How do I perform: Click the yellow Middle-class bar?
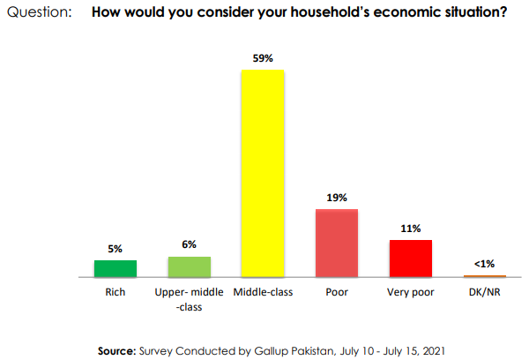coord(263,173)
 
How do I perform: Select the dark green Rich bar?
coord(115,268)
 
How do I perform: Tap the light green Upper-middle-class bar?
coord(190,266)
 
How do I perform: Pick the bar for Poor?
coord(337,243)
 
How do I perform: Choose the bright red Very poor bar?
coord(410,259)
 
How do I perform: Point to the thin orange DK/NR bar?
coord(484,276)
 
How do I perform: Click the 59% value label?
coord(263,58)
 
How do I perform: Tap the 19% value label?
coord(337,198)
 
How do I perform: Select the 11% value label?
coord(410,228)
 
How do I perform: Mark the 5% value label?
coord(115,249)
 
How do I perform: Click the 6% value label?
coord(190,244)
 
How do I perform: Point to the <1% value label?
coord(484,264)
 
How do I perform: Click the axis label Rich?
coord(115,291)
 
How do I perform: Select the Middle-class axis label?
coord(263,291)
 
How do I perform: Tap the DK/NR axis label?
coord(484,291)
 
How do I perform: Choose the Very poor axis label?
coord(410,291)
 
